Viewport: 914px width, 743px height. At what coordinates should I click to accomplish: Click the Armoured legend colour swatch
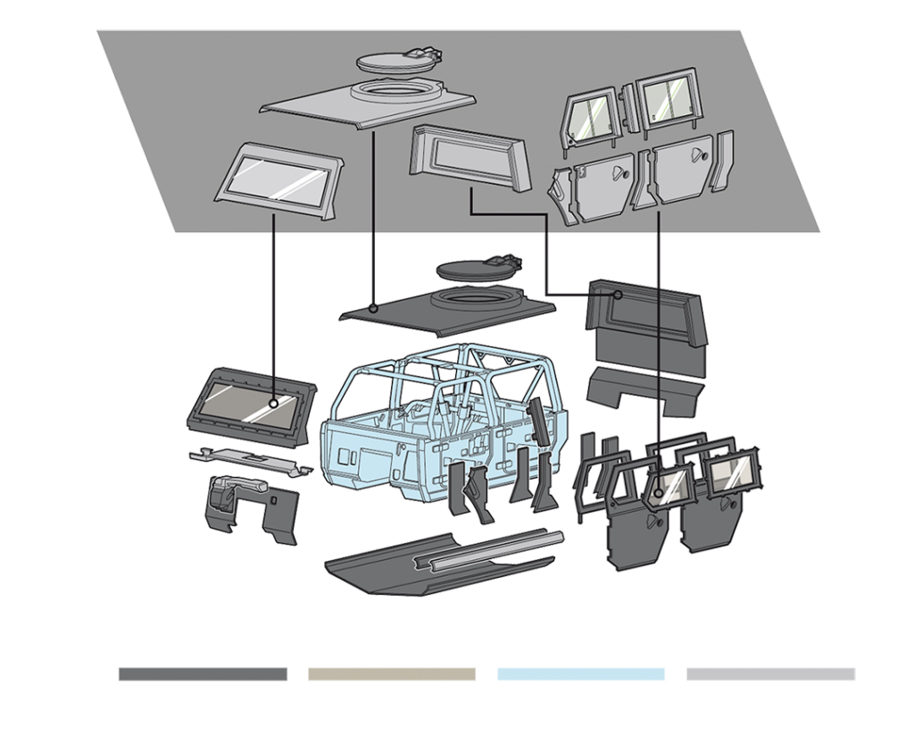point(203,673)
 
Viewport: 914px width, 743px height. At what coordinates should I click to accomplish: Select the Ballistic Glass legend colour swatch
point(392,673)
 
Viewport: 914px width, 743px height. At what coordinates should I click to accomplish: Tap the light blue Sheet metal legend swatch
point(581,673)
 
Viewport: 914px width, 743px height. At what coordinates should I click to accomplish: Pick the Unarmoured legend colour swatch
point(770,673)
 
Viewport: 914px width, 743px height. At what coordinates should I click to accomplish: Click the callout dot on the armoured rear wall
point(618,294)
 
